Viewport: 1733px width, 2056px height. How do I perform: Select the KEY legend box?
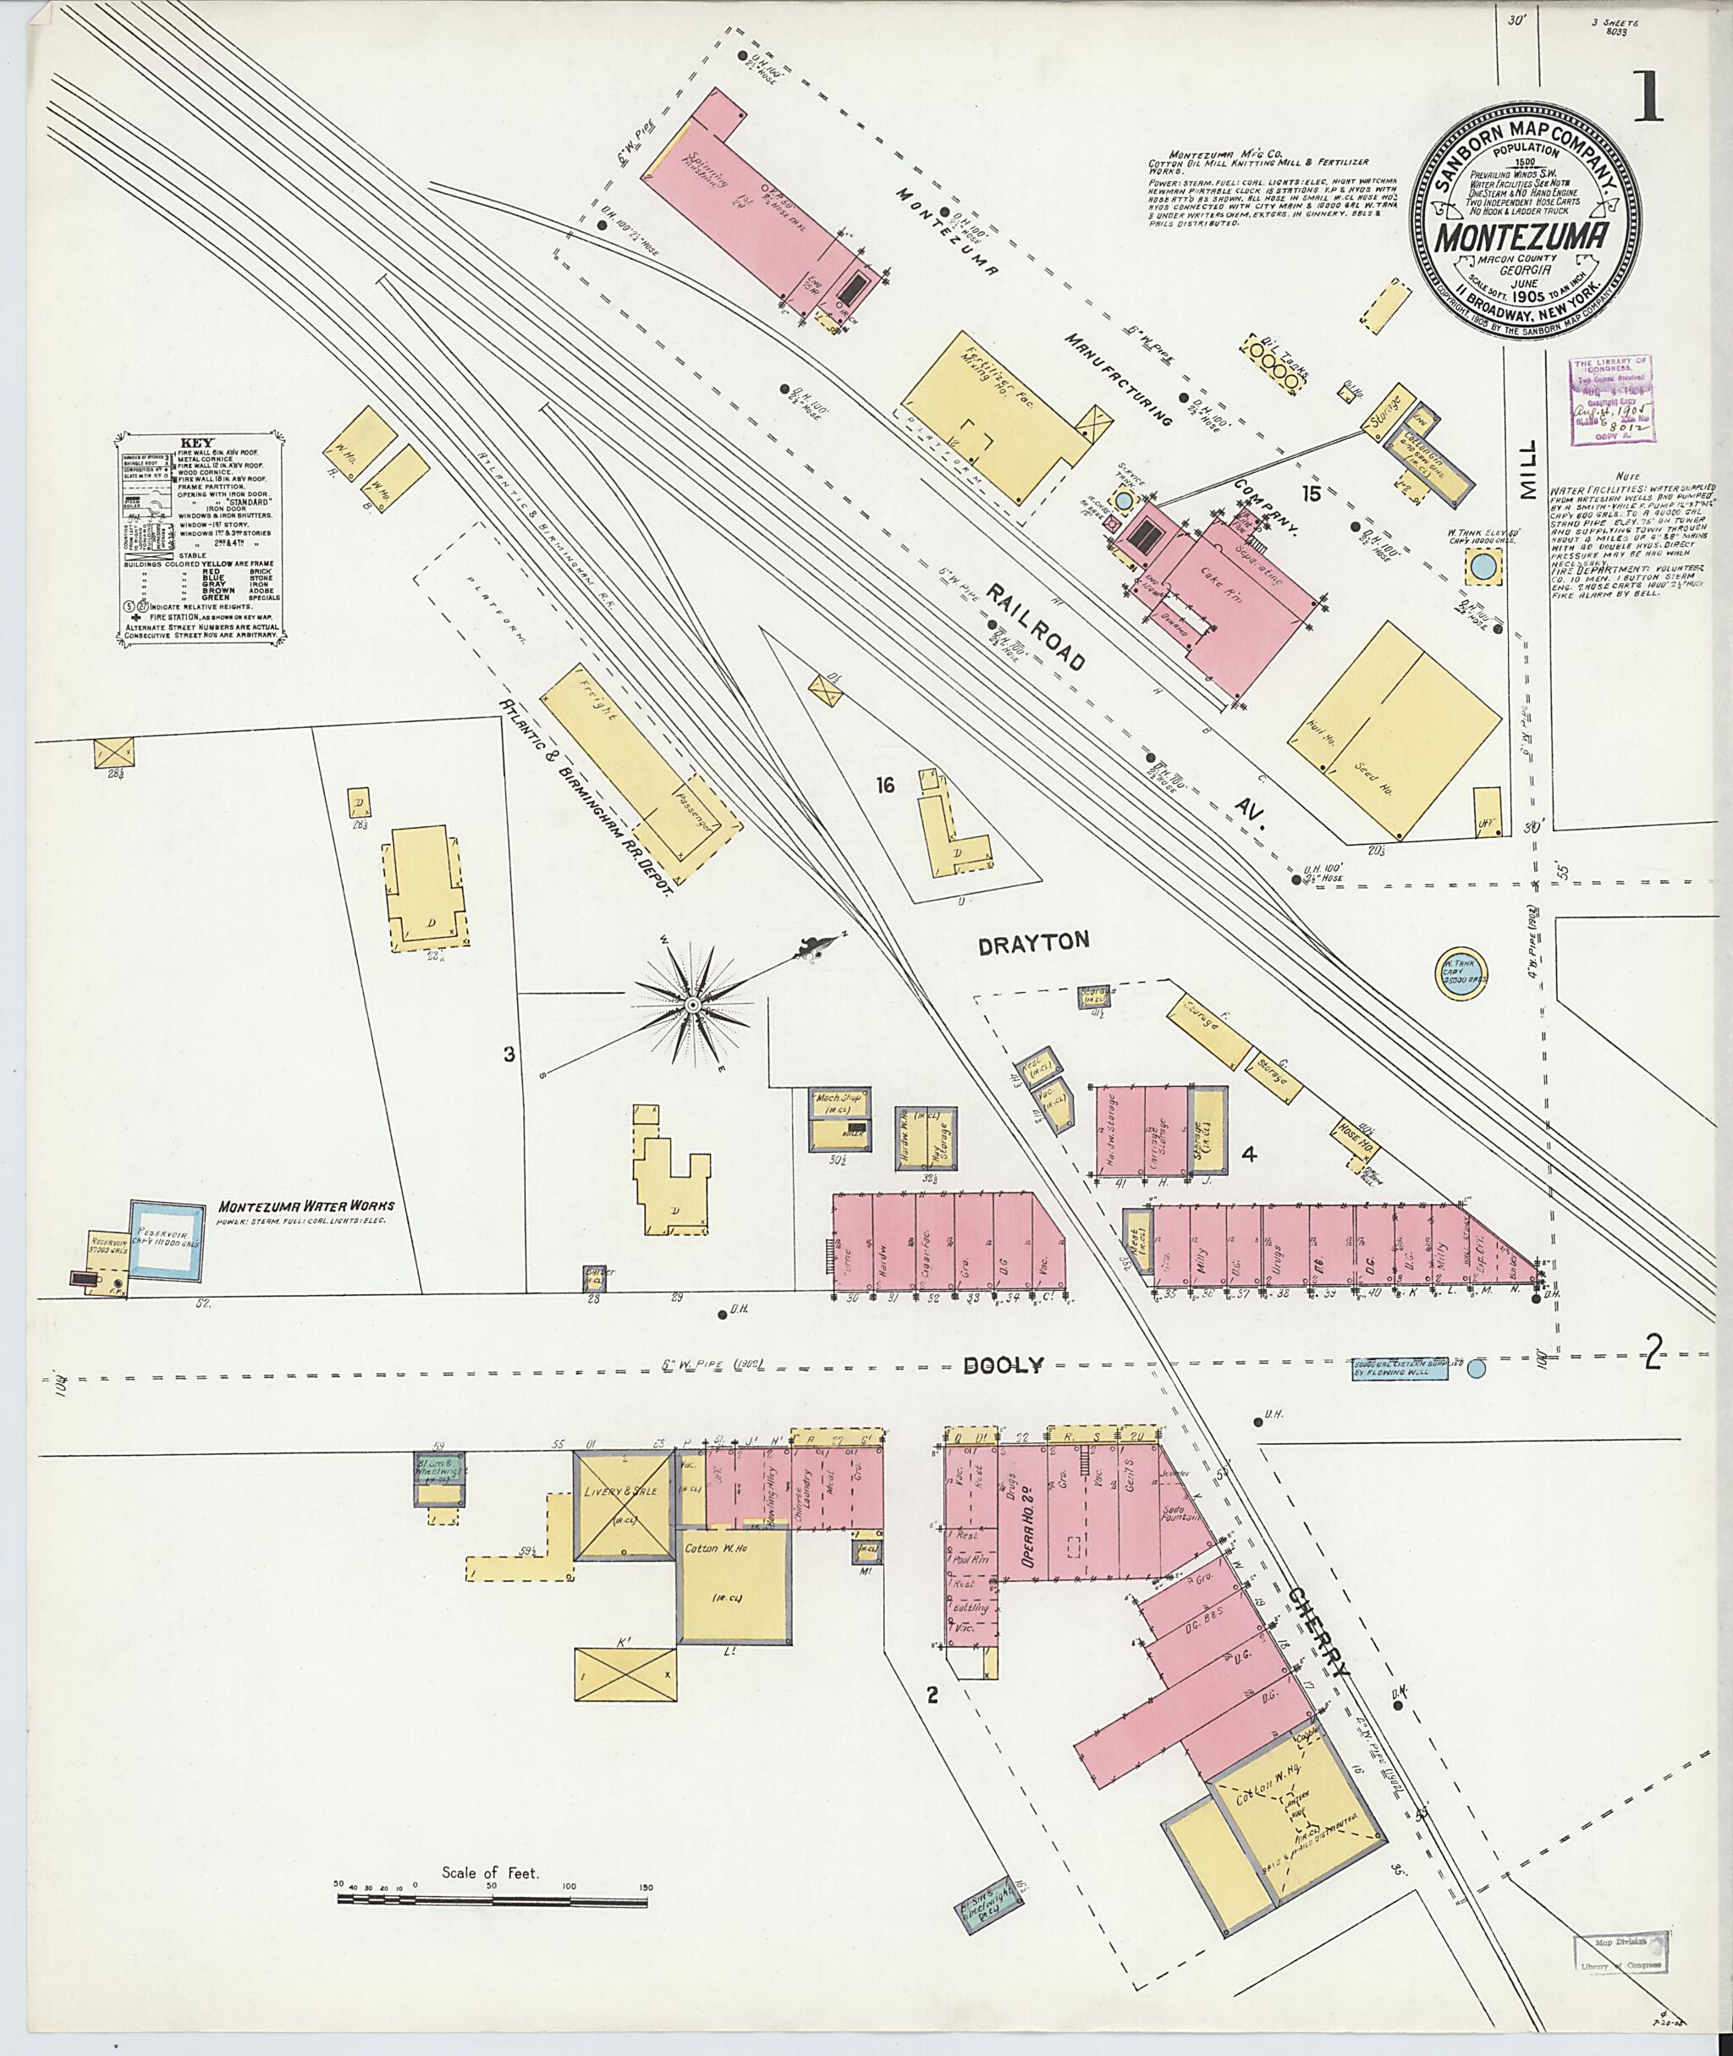click(x=201, y=537)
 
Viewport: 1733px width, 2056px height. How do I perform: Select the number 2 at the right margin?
click(x=1654, y=1357)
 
